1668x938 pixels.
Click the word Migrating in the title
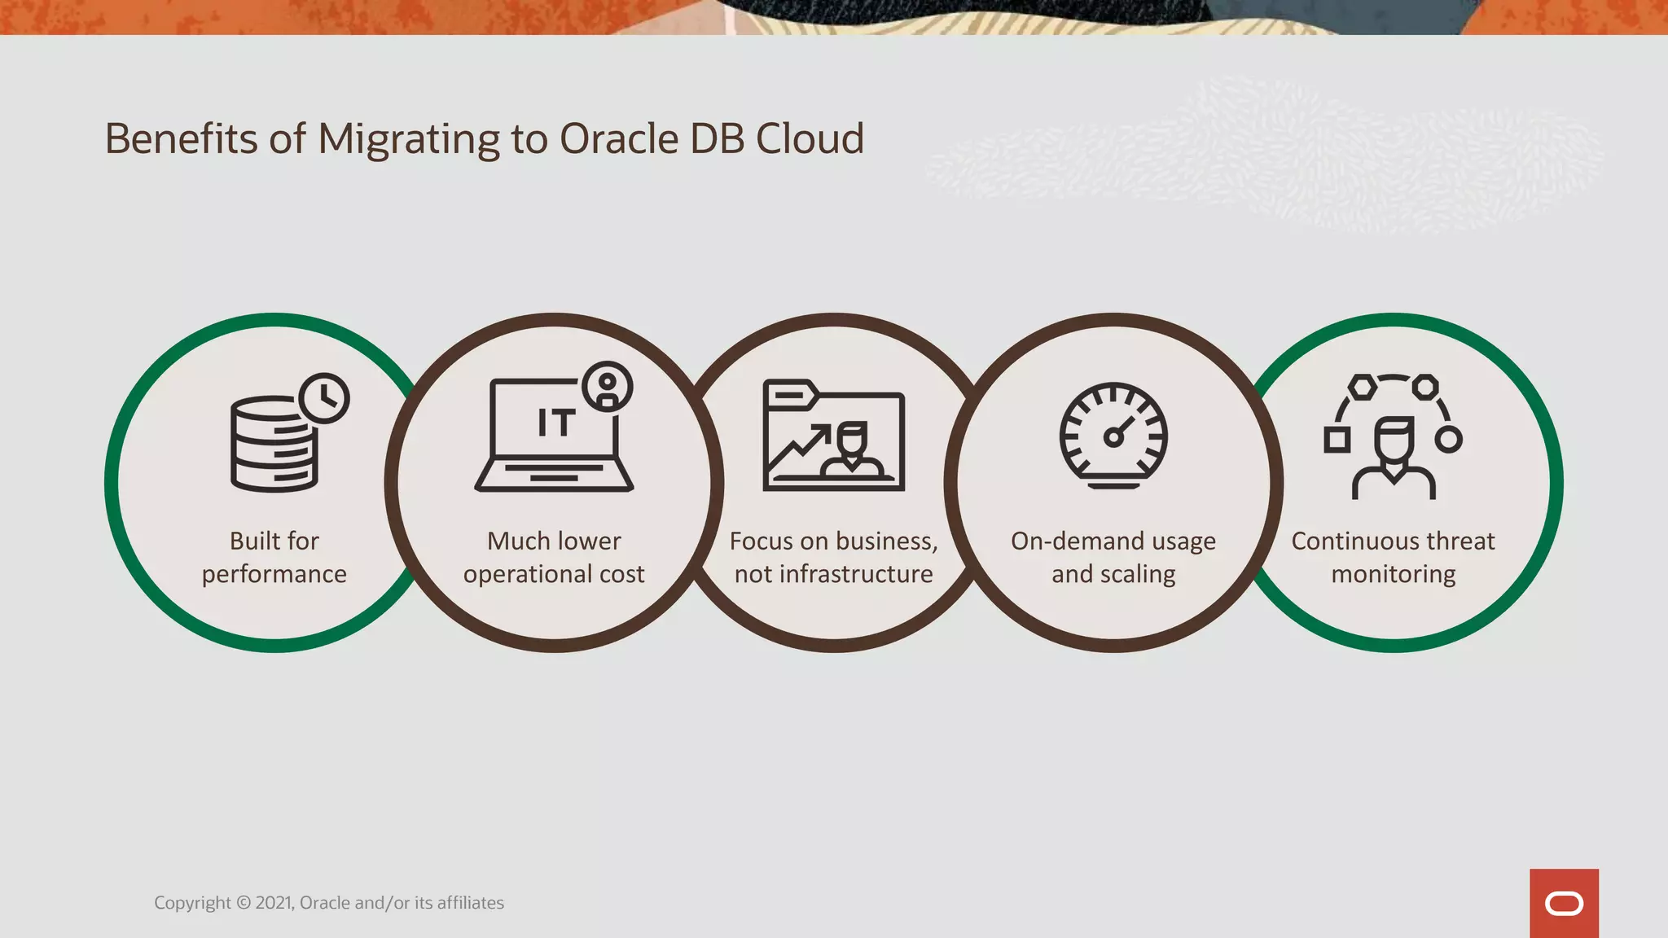pos(408,139)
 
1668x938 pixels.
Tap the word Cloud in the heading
pos(810,139)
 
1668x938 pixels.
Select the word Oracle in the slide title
pos(618,139)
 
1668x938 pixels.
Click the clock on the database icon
pos(324,398)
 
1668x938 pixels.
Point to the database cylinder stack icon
pos(273,445)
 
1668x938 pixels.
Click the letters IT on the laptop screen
pos(556,423)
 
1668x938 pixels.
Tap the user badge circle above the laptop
pos(608,387)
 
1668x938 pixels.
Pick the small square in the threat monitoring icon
pos(1337,441)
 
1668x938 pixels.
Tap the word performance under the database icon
pos(274,575)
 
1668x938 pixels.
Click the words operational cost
pos(554,575)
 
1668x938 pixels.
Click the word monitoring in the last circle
pos(1393,575)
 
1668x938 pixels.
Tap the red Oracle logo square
pos(1564,903)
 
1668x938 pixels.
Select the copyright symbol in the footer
pos(244,903)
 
